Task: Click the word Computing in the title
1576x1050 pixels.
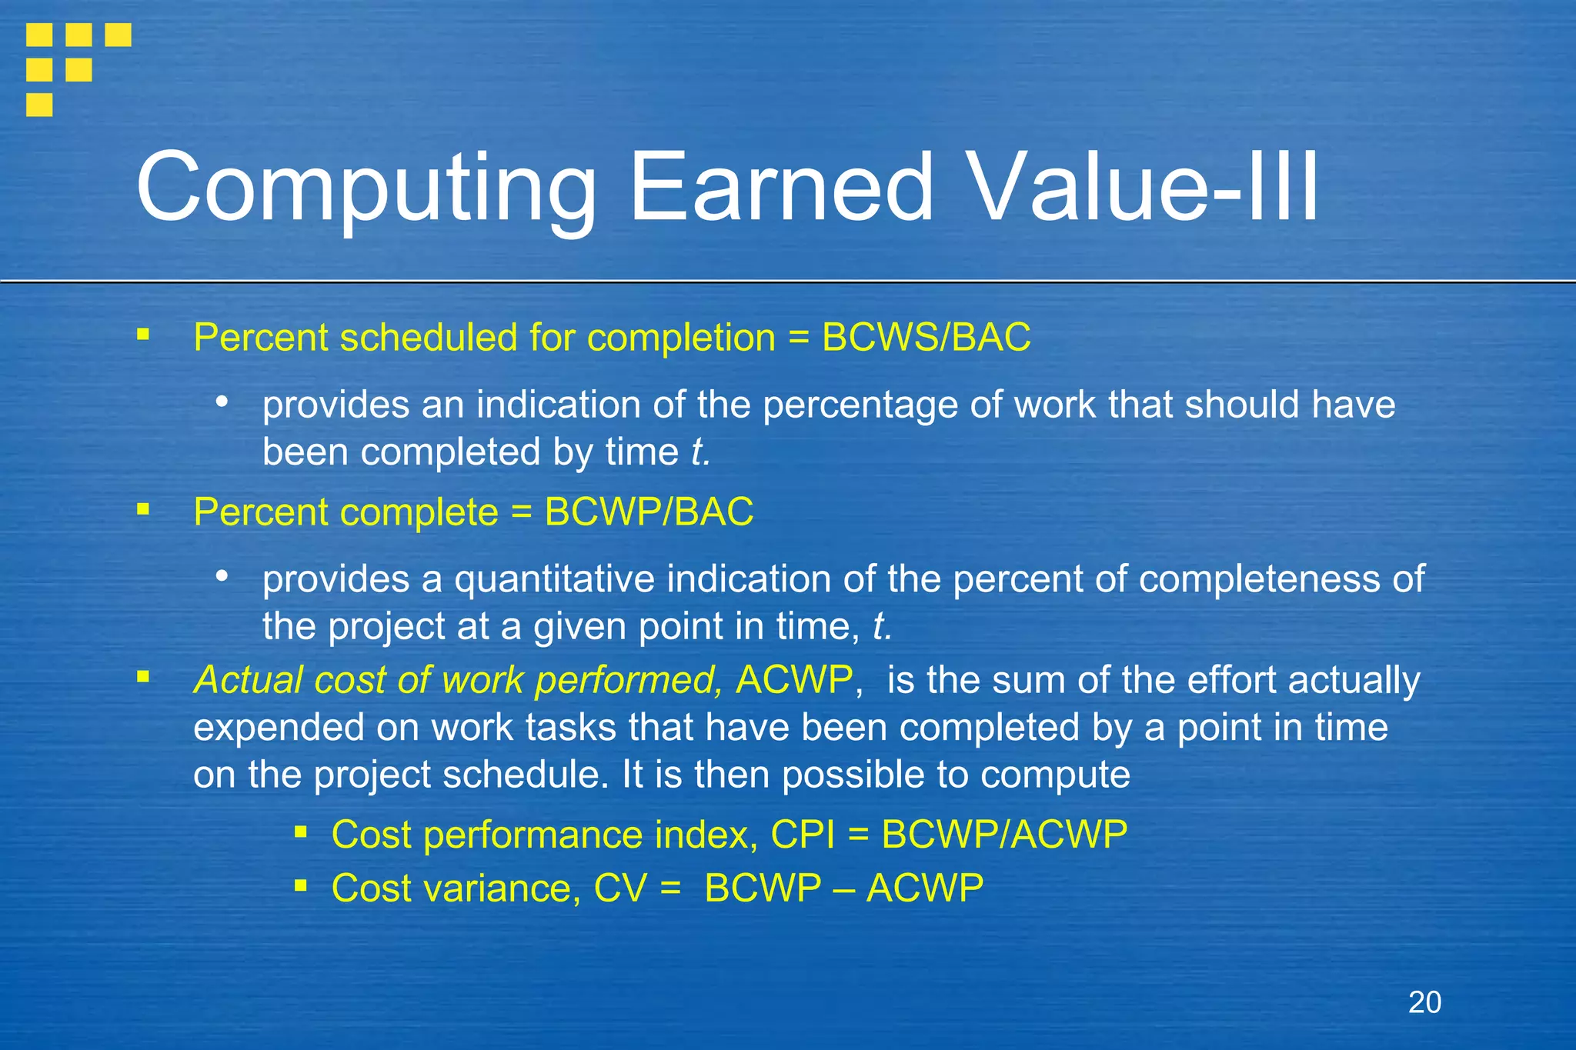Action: pyautogui.click(x=366, y=188)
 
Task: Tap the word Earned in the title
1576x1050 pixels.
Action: pyautogui.click(x=781, y=188)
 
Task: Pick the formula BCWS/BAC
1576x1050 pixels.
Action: pyautogui.click(x=927, y=338)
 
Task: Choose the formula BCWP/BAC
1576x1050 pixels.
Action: pyautogui.click(x=649, y=512)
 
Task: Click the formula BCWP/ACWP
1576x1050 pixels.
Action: pyautogui.click(x=1004, y=835)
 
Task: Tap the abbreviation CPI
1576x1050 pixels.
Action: pyautogui.click(x=803, y=835)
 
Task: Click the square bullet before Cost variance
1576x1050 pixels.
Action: pyautogui.click(x=301, y=886)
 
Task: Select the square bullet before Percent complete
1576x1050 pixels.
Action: pyautogui.click(x=143, y=509)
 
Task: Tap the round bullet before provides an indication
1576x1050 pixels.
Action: pyautogui.click(x=222, y=402)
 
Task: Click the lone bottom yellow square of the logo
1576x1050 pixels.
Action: pyautogui.click(x=39, y=104)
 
